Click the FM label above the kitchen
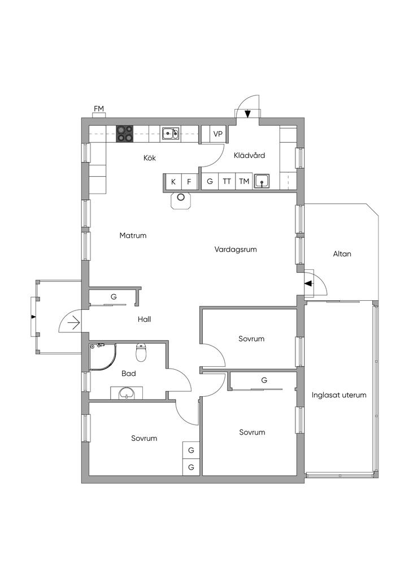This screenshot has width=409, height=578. (x=99, y=109)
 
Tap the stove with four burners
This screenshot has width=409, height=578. (x=125, y=133)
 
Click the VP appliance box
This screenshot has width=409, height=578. (x=218, y=134)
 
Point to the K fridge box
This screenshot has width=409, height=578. (x=173, y=182)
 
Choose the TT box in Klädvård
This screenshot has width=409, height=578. (x=227, y=182)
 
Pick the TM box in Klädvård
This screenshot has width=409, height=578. (x=244, y=182)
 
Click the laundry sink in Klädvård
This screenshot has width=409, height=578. (x=262, y=181)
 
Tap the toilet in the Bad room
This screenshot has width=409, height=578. (x=141, y=353)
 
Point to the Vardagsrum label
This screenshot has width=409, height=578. (x=236, y=249)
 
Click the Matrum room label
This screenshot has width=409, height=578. (x=133, y=235)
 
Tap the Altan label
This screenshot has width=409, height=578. (x=342, y=254)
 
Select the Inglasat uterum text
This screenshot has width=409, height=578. (x=339, y=395)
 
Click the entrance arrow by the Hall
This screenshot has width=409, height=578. (x=73, y=323)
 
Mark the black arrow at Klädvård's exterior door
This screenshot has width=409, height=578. (x=248, y=115)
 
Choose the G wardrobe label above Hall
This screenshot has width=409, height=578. (x=114, y=296)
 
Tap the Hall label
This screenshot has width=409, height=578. (x=144, y=319)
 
